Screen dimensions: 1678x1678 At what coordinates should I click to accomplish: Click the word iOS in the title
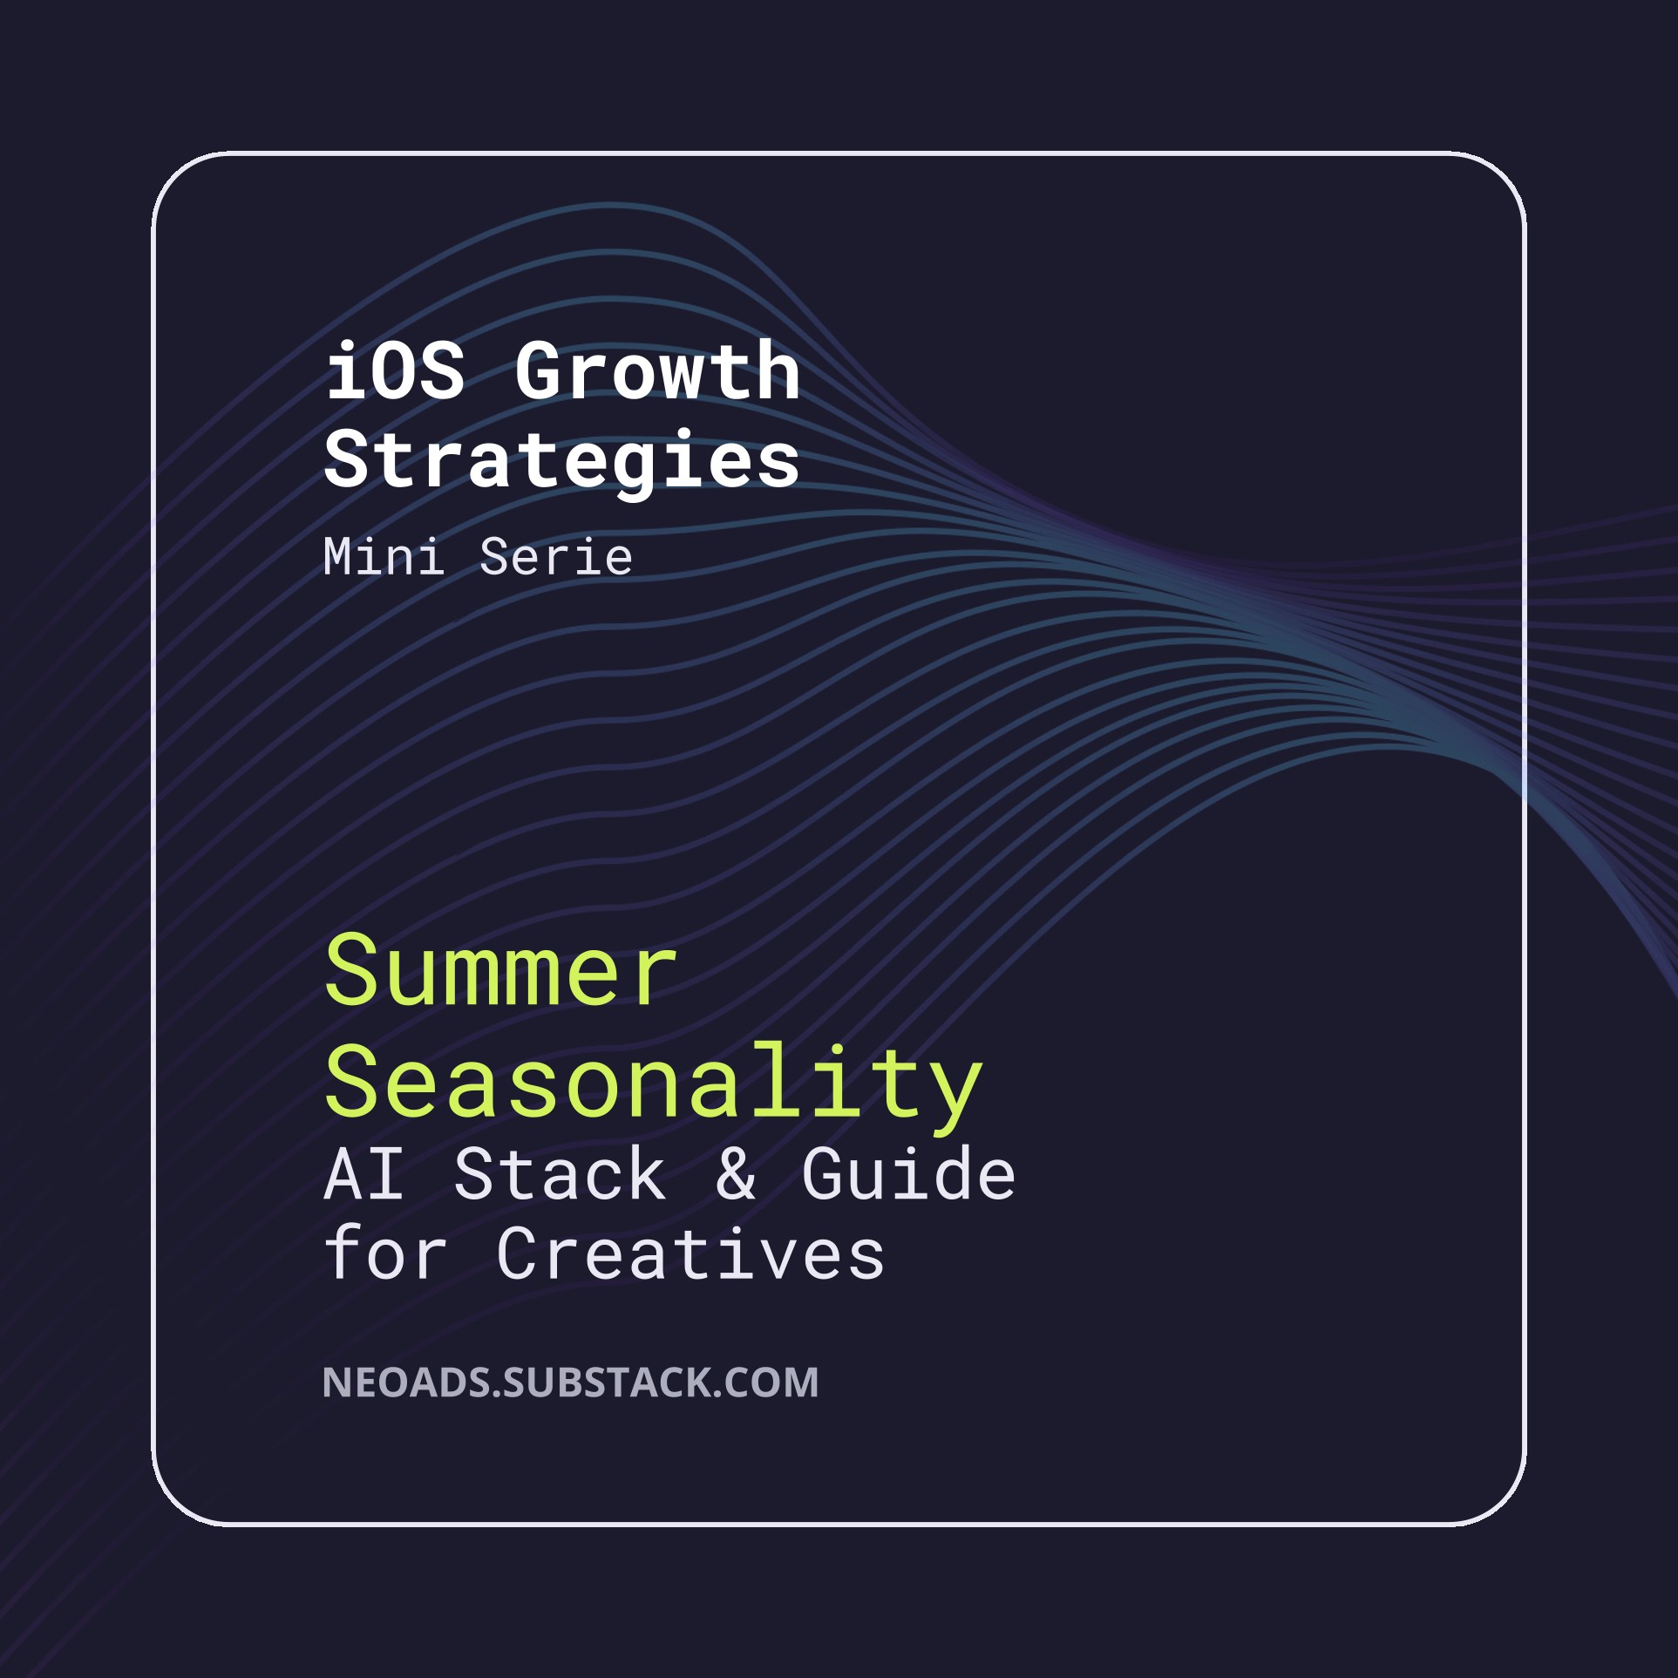pyautogui.click(x=395, y=371)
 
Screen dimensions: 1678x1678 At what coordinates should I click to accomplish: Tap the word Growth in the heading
pyautogui.click(x=657, y=371)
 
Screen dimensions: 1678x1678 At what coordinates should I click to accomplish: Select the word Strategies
pyautogui.click(x=561, y=460)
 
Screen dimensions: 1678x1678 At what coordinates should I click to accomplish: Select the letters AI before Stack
pyautogui.click(x=363, y=1174)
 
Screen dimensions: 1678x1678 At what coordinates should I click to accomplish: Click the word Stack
pyautogui.click(x=560, y=1174)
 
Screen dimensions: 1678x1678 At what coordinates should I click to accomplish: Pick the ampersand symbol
pyautogui.click(x=736, y=1174)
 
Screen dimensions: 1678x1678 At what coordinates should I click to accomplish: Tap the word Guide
pyautogui.click(x=908, y=1174)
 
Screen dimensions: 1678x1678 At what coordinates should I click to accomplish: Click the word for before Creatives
pyautogui.click(x=385, y=1253)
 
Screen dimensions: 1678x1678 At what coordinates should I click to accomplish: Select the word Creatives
pyautogui.click(x=690, y=1253)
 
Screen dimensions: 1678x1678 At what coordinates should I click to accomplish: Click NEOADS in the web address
pyautogui.click(x=406, y=1382)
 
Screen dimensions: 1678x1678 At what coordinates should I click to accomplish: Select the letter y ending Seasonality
pyautogui.click(x=956, y=1094)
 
